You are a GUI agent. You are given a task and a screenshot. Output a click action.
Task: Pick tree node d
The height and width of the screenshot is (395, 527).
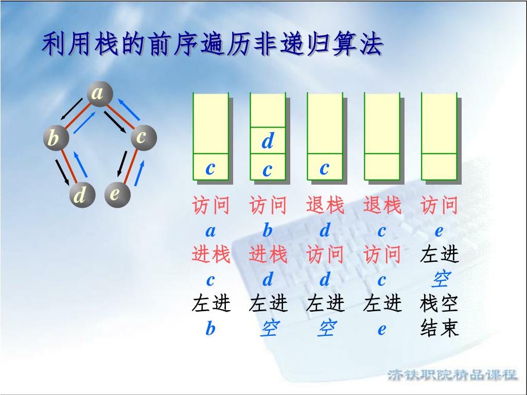81,196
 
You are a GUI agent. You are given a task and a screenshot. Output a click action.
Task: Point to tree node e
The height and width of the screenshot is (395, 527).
116,194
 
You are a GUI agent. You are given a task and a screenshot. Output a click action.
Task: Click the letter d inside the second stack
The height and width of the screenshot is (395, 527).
268,141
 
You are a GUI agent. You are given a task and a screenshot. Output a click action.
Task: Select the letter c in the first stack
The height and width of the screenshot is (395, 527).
210,168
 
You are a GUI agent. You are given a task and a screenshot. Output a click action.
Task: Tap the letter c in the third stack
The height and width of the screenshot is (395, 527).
324,168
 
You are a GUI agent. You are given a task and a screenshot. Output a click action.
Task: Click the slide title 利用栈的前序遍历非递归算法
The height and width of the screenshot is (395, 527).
213,45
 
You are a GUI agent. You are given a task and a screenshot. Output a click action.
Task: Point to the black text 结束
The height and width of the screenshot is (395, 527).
439,328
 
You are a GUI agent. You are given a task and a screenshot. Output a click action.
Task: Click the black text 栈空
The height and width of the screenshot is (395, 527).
439,304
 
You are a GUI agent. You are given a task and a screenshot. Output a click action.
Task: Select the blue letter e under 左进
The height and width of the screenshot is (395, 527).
381,329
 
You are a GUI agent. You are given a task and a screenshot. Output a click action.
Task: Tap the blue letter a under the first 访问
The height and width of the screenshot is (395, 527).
210,231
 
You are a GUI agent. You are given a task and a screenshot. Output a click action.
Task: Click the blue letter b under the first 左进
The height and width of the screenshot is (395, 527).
210,329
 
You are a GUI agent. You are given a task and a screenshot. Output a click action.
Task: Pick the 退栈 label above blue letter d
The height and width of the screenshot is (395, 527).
325,206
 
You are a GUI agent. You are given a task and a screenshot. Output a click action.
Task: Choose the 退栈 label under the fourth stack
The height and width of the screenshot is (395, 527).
382,206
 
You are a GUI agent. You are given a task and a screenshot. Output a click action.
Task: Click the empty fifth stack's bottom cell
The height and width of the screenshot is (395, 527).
439,167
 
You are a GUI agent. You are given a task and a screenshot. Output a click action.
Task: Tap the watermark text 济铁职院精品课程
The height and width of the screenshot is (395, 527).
452,374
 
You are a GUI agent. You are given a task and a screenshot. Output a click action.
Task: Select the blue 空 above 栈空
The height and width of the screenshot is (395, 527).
439,280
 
